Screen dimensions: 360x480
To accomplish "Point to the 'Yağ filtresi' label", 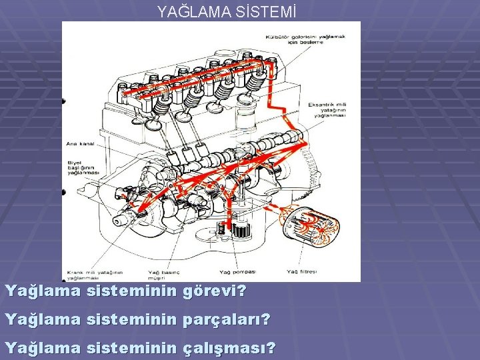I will click(301, 271).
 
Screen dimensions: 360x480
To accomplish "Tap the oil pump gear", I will click(241, 231).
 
